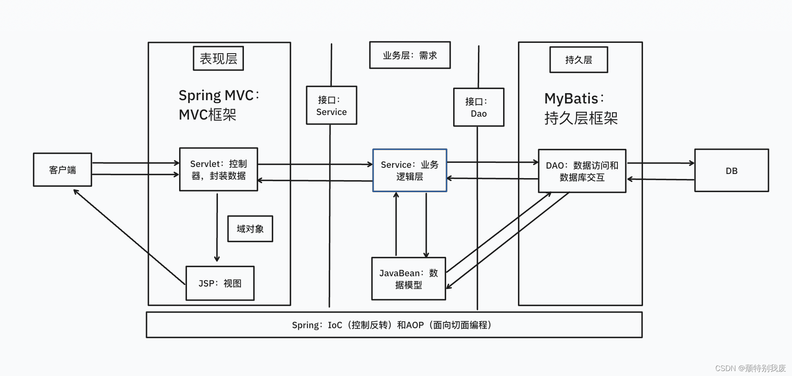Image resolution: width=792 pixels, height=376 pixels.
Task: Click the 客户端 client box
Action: coord(62,170)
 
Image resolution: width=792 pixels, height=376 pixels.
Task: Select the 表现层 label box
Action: coord(218,59)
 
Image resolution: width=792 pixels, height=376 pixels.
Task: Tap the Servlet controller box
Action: coord(218,169)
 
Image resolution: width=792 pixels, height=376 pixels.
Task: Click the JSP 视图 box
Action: coord(220,283)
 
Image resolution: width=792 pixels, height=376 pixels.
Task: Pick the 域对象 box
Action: coord(250,229)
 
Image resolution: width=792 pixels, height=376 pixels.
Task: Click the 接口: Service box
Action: coord(331,106)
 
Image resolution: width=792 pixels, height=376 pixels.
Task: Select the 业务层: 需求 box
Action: coord(409,55)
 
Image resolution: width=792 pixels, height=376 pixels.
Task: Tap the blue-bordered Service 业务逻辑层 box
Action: coord(409,170)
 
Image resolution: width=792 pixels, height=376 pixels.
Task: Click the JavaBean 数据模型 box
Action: coord(409,279)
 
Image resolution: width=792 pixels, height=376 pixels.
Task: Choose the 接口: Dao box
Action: coord(479,107)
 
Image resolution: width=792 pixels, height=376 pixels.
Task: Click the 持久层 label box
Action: coord(579,60)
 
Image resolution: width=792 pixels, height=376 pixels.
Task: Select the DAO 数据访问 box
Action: coord(582,171)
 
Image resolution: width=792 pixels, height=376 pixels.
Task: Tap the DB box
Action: coord(731,171)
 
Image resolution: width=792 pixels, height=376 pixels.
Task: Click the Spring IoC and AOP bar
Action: coord(394,325)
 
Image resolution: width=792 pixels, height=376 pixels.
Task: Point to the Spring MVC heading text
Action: coord(219,105)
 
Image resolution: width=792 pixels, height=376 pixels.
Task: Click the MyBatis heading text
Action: coord(580,108)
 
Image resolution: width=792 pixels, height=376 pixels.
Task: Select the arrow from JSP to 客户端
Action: coord(129,237)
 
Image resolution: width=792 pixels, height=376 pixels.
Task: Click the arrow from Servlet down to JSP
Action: coord(217,227)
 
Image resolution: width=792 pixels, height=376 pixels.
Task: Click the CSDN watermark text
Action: coord(750,368)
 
